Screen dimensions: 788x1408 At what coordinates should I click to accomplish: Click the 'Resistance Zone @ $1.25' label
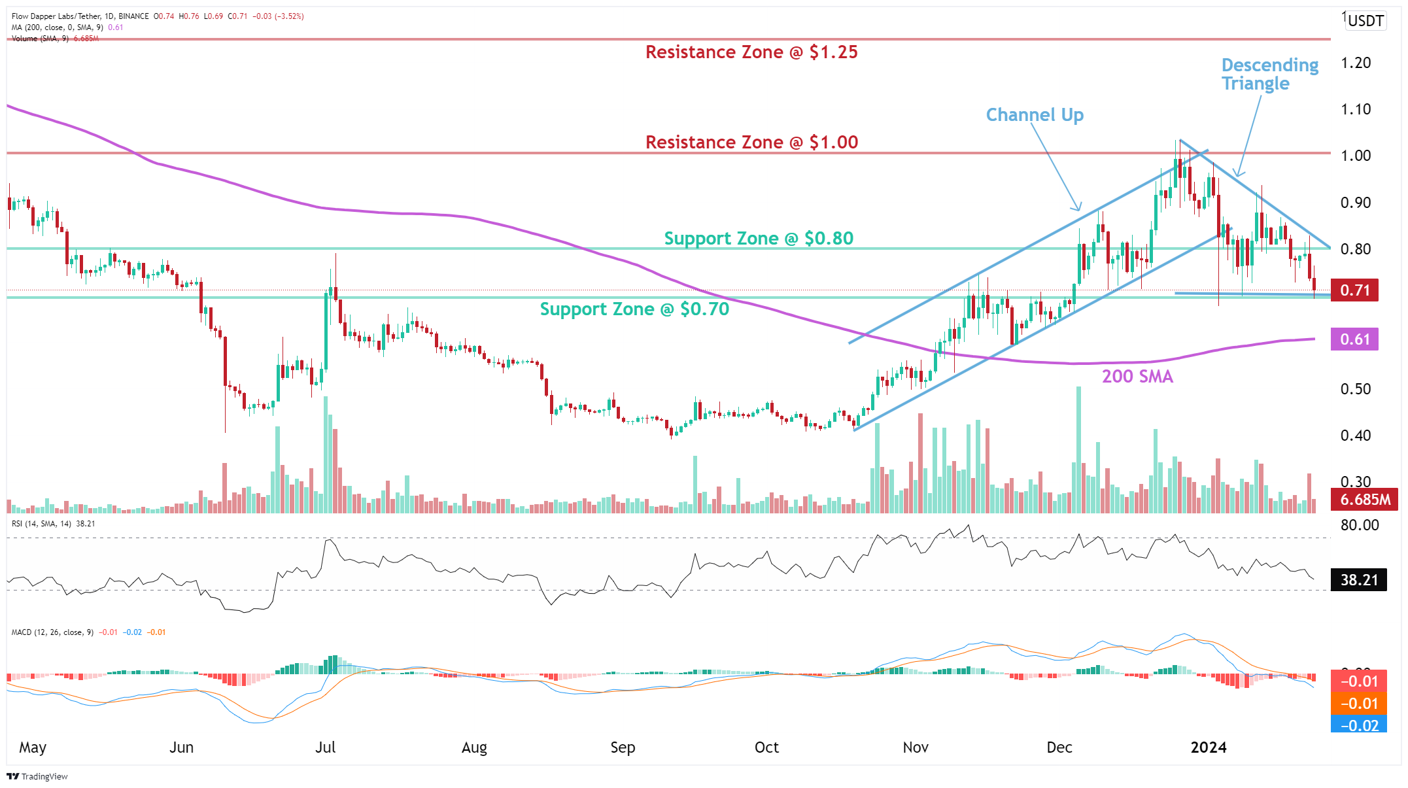click(751, 52)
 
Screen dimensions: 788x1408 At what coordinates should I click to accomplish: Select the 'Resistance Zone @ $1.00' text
click(751, 142)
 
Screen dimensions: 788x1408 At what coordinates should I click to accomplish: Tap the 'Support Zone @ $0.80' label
click(759, 238)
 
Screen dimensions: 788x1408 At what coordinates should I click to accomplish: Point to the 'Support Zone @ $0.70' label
click(634, 309)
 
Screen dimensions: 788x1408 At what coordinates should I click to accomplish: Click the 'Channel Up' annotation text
click(1034, 115)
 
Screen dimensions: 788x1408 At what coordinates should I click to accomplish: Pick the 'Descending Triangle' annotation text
click(1269, 75)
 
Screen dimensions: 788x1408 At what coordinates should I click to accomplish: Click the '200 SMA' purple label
click(1137, 377)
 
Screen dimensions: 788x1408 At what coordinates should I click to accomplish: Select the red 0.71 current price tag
click(1354, 290)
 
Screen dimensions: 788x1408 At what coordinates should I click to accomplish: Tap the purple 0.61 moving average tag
click(1354, 339)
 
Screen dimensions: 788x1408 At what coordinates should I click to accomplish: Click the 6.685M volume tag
click(1364, 500)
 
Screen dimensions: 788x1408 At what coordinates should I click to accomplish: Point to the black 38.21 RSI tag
click(1358, 580)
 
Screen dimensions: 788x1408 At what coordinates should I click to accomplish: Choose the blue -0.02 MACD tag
click(1358, 725)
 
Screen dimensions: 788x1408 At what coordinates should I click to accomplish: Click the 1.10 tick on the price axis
click(1355, 109)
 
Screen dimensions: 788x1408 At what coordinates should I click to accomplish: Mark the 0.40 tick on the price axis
click(1355, 436)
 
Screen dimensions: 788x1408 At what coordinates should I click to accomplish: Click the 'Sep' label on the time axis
click(622, 747)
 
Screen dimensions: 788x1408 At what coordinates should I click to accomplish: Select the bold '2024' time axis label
click(1208, 747)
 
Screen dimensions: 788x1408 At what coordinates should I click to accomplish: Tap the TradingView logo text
click(38, 777)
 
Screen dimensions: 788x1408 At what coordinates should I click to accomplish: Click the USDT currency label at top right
click(1365, 21)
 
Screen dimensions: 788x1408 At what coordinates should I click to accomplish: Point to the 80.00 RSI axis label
click(1359, 525)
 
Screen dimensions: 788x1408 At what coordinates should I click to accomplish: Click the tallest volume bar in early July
click(326, 454)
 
